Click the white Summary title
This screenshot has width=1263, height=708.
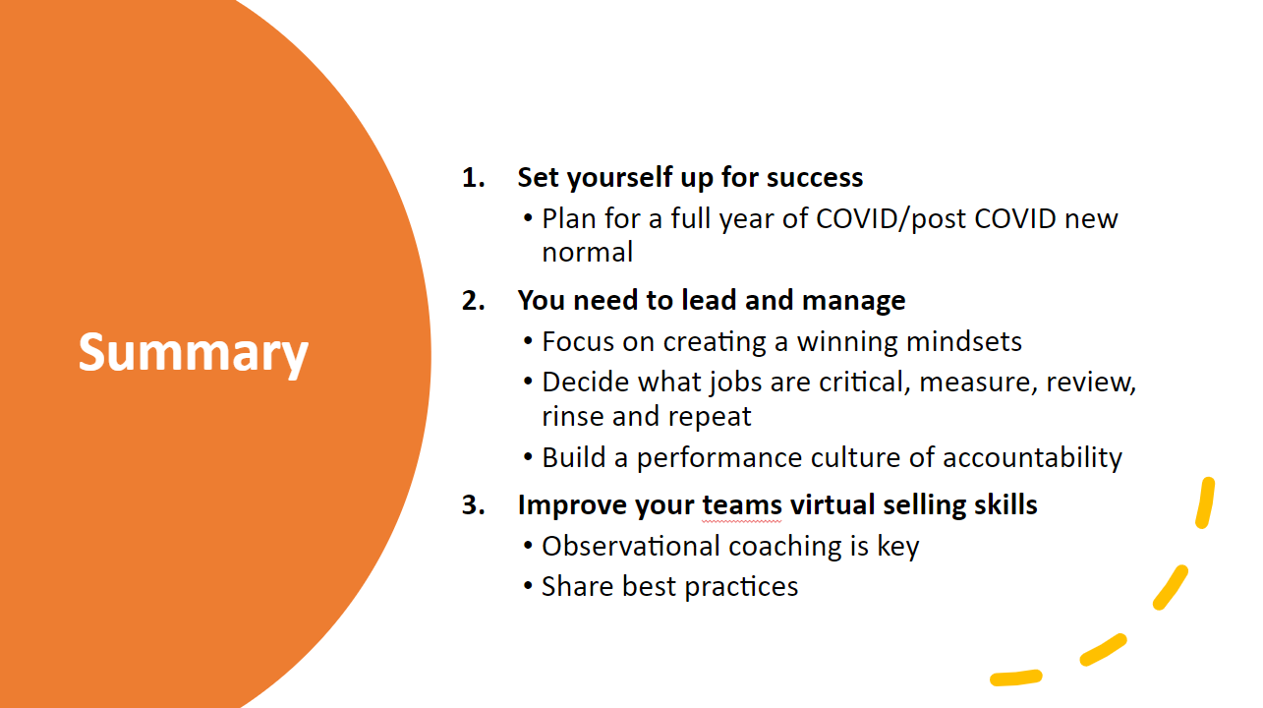(194, 353)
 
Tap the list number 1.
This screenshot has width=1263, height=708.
(473, 178)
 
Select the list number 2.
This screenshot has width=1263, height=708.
(473, 301)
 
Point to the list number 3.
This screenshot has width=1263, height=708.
(473, 504)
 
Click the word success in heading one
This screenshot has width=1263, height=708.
(815, 178)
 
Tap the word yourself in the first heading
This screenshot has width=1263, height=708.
(619, 178)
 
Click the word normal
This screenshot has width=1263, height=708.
(587, 252)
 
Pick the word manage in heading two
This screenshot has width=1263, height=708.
(854, 301)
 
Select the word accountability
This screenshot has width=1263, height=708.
(1032, 457)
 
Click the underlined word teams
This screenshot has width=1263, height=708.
(742, 504)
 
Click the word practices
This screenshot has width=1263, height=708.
(741, 587)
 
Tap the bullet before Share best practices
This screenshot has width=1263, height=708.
(528, 586)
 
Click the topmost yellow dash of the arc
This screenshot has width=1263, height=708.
(1205, 503)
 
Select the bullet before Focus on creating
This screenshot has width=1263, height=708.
(528, 341)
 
